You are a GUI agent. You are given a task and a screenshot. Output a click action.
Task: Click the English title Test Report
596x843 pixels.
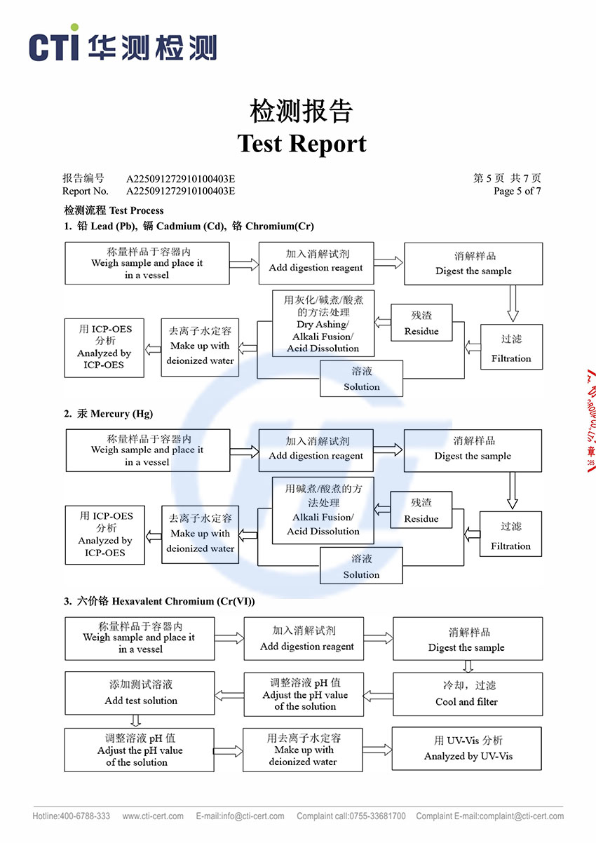click(x=302, y=144)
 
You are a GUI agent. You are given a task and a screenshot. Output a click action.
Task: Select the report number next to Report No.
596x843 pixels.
click(x=180, y=191)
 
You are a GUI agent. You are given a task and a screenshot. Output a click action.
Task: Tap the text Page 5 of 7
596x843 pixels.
click(x=517, y=191)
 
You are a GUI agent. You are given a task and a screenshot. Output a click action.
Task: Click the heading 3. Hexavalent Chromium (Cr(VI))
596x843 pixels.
click(x=159, y=601)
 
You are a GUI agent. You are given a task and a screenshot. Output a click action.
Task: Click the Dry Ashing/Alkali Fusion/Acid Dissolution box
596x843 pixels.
click(x=323, y=323)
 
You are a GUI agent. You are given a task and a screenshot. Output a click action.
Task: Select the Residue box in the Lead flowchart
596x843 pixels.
click(x=421, y=323)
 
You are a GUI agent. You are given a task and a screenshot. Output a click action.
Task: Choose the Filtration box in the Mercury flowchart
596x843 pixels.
click(x=510, y=535)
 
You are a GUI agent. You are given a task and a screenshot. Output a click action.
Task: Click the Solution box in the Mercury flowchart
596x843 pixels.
click(x=361, y=566)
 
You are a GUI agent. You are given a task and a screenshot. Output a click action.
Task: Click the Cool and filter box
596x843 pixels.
click(x=467, y=694)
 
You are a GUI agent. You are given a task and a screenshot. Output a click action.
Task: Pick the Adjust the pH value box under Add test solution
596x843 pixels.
click(x=140, y=750)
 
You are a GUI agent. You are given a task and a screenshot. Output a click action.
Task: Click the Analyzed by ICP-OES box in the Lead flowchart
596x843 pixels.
click(x=104, y=347)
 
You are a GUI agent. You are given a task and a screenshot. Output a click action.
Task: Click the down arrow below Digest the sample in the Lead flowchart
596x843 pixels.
click(x=513, y=304)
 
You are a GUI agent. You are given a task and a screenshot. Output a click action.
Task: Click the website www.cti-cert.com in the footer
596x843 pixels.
click(x=153, y=816)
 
